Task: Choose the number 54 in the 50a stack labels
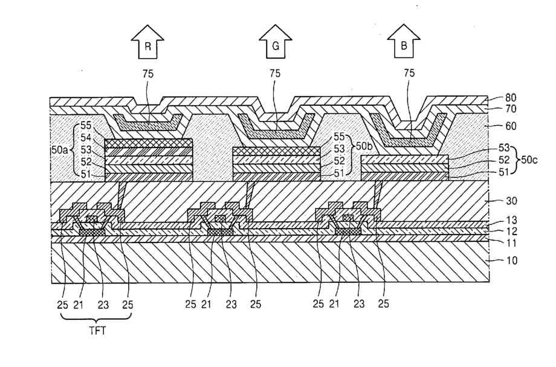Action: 85,138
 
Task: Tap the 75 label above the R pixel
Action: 147,73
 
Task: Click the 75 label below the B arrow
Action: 409,73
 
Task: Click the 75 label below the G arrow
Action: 275,73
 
